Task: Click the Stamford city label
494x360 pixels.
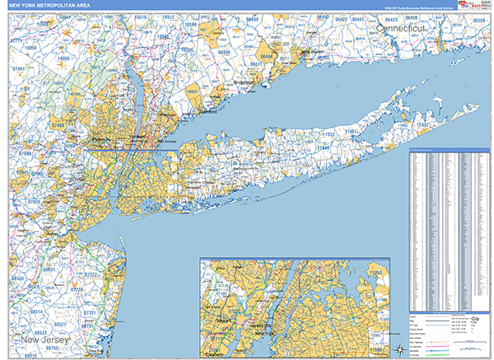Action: tap(206, 112)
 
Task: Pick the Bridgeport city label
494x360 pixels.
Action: tap(246, 82)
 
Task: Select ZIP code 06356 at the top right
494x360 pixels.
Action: tap(483, 18)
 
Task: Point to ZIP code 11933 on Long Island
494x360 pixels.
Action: tap(328, 133)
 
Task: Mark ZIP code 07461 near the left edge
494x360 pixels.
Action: tap(19, 70)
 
